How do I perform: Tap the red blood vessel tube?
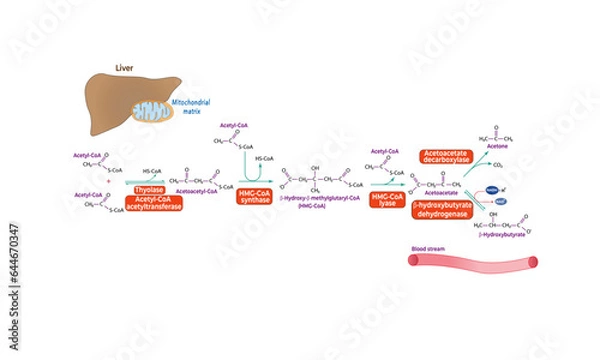click(472, 263)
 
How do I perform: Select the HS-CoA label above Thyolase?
click(154, 171)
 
